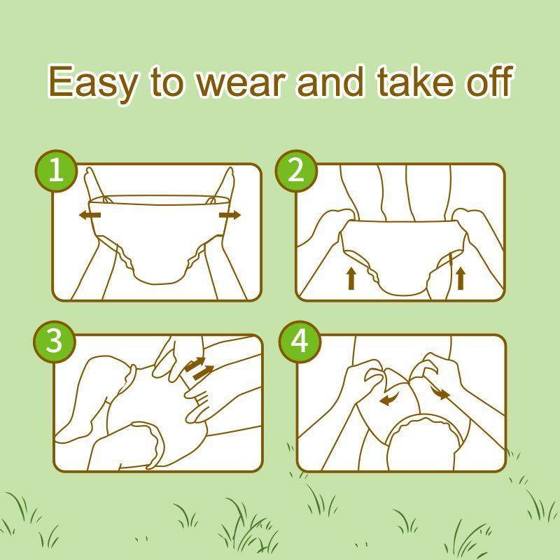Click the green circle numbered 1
[x=56, y=171]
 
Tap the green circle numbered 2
[x=296, y=171]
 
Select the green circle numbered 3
[x=55, y=342]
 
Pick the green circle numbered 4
[x=300, y=342]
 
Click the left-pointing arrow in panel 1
[x=90, y=215]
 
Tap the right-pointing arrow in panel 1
[x=230, y=215]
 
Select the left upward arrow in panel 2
[x=351, y=279]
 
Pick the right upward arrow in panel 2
[x=461, y=279]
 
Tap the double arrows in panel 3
[x=199, y=368]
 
